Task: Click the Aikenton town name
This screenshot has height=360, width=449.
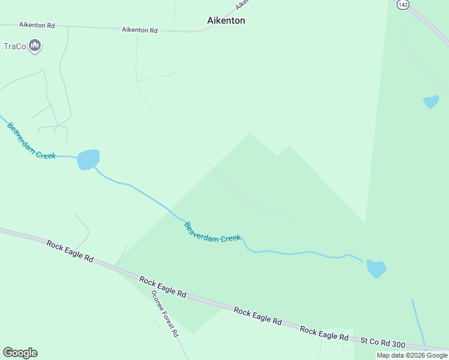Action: click(x=226, y=20)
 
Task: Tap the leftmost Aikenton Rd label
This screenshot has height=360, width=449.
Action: click(x=37, y=25)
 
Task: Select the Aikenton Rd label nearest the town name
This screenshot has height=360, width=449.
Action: click(x=139, y=29)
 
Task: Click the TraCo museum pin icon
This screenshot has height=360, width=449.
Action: click(x=35, y=46)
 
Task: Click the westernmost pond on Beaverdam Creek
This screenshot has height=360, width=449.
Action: click(x=88, y=160)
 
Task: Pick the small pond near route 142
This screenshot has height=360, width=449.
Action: click(x=431, y=101)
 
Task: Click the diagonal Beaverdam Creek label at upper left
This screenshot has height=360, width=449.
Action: click(x=31, y=141)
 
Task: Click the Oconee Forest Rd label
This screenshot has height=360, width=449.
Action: click(x=165, y=313)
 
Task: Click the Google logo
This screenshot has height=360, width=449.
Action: click(x=20, y=353)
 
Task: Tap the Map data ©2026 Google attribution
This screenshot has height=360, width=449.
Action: click(x=412, y=355)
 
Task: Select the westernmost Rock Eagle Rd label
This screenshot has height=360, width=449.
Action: click(x=70, y=251)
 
